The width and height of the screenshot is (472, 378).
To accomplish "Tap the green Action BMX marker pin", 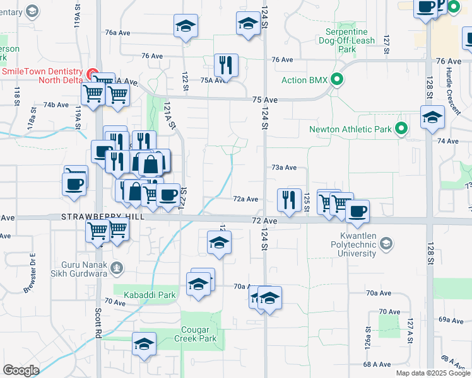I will (x=338, y=79).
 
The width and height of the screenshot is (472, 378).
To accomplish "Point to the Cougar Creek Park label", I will (x=199, y=334).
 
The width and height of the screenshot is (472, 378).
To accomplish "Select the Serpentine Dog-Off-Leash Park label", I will (x=351, y=40).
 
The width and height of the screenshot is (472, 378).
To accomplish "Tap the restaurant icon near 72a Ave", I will (x=289, y=200).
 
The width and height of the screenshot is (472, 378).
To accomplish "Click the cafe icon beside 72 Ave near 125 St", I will (x=357, y=211).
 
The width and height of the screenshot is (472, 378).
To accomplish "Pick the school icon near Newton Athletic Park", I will (x=432, y=117).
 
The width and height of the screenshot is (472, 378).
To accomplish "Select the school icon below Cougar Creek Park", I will (x=145, y=344).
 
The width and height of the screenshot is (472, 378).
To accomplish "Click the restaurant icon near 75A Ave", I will (x=226, y=65).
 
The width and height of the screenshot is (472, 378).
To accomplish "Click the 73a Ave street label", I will (x=284, y=168).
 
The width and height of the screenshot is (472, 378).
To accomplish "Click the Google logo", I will (x=21, y=370).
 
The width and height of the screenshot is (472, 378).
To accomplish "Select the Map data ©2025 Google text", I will (x=433, y=373).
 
